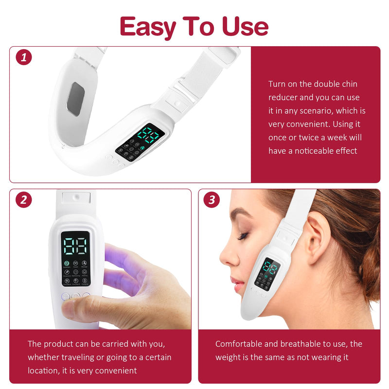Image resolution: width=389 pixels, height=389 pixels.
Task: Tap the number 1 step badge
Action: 24,57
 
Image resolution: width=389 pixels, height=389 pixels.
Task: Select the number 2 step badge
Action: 23,200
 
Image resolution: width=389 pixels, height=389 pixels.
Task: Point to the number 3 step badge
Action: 212,200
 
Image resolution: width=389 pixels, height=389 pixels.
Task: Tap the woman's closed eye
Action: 242,236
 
